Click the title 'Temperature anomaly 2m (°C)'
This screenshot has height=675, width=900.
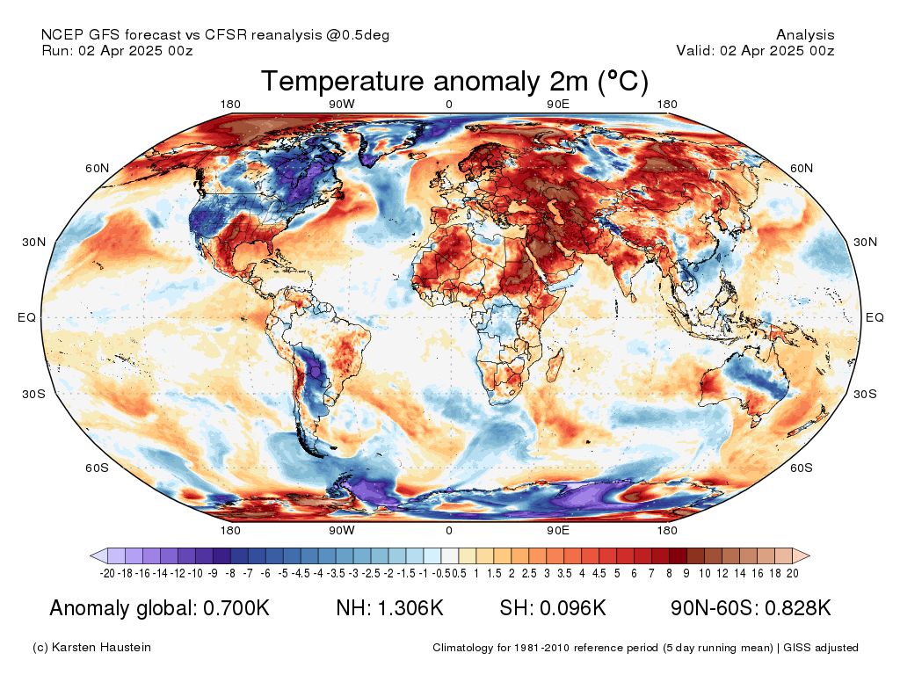454,81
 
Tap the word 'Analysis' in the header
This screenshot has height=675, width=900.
805,35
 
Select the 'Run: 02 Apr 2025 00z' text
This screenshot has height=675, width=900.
117,50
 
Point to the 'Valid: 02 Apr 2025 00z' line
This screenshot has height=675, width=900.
755,50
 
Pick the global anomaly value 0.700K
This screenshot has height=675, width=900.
236,608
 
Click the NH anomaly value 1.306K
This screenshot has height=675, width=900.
410,608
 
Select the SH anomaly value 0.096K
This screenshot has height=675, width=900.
573,608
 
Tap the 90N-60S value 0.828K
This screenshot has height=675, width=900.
798,608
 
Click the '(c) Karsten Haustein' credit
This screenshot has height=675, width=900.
91,648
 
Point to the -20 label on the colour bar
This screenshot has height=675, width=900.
107,573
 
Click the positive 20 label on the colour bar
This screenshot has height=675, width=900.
793,573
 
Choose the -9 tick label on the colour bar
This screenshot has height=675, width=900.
213,573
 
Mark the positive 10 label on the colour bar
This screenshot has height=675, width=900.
705,573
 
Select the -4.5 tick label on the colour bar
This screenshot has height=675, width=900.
301,573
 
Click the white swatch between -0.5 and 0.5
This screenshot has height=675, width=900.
449,555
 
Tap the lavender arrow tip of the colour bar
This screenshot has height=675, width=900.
91,555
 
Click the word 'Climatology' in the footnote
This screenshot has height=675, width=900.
462,648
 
